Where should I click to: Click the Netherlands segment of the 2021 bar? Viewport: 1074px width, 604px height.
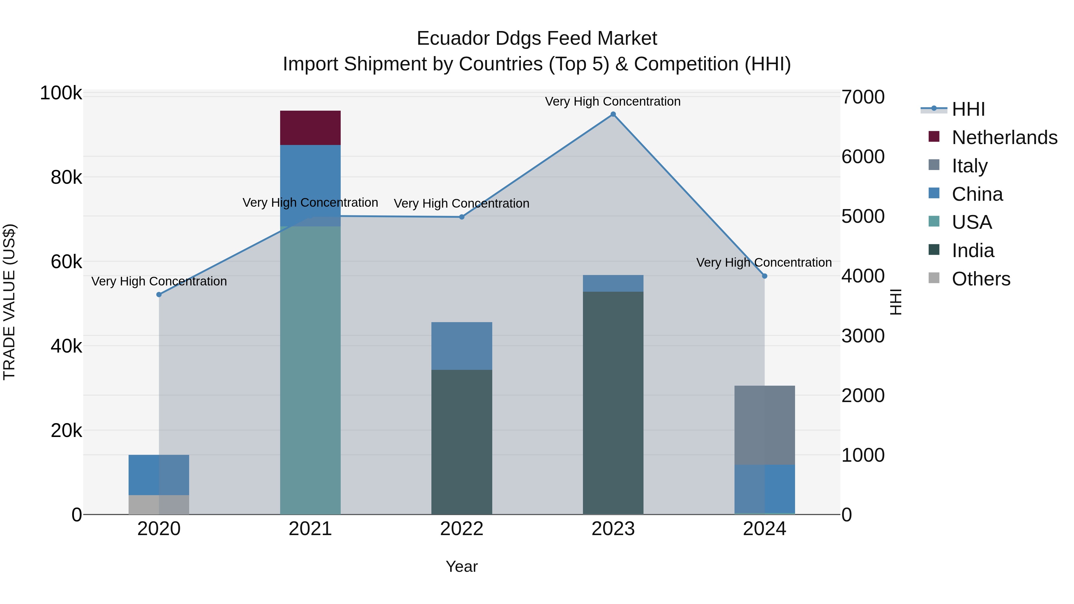pos(310,128)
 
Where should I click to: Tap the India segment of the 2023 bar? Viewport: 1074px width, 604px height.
pos(613,403)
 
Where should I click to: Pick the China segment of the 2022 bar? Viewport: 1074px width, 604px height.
pos(462,346)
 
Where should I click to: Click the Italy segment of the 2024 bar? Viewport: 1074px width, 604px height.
pos(764,425)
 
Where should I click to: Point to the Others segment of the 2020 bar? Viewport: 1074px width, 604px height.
pos(158,504)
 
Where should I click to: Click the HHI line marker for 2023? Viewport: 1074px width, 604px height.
pos(613,114)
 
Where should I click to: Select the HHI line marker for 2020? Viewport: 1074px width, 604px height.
pos(159,295)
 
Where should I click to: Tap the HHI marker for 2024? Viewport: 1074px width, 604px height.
pos(764,276)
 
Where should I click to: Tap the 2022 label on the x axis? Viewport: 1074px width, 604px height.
pos(462,529)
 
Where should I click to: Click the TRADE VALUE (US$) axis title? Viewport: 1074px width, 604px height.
pos(10,302)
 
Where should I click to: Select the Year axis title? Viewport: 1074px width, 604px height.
pos(462,566)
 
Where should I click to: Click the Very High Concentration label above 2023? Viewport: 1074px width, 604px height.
pos(612,101)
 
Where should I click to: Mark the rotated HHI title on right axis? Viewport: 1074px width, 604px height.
pos(896,302)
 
